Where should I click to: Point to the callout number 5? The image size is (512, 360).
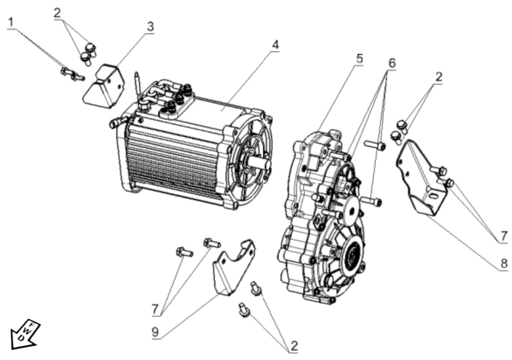point(359,58)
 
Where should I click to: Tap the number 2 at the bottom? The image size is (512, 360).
point(293,346)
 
